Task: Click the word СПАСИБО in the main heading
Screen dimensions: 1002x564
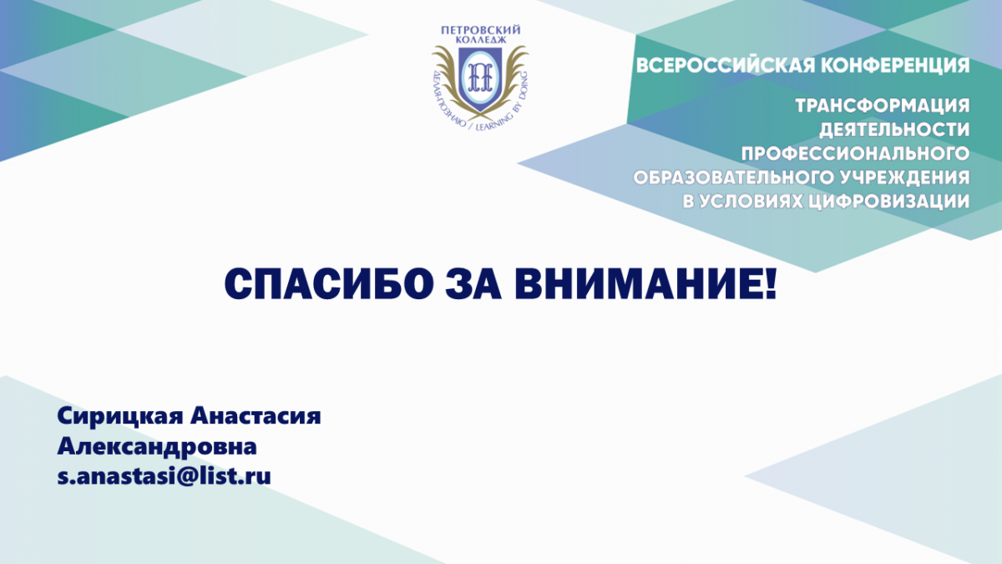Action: tap(329, 283)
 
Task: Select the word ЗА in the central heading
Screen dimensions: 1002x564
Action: tap(473, 283)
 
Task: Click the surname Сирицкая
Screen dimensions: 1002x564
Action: tap(120, 417)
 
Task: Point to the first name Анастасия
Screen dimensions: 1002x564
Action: tap(256, 417)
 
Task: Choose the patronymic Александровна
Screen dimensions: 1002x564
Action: tap(157, 446)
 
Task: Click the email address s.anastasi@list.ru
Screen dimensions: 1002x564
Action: tap(164, 475)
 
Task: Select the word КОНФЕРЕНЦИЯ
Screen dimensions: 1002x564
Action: tap(895, 66)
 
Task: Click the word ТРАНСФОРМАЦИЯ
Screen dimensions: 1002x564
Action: tap(883, 106)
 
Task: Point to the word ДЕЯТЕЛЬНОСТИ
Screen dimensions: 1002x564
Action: tap(894, 130)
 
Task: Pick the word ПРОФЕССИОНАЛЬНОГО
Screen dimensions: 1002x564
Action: tap(855, 154)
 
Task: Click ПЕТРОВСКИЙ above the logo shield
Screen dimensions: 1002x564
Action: tap(480, 30)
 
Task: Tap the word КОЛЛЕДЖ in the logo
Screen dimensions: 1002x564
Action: tap(481, 40)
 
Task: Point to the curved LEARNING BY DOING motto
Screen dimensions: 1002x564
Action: tap(508, 108)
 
